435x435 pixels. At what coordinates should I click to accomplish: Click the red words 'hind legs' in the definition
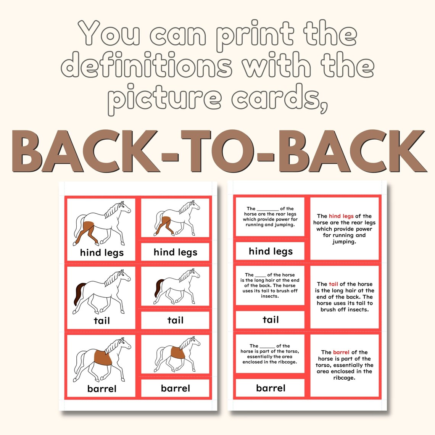click(x=341, y=216)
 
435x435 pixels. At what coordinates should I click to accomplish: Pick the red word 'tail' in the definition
click(x=333, y=284)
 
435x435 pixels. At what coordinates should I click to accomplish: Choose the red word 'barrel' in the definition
click(x=341, y=352)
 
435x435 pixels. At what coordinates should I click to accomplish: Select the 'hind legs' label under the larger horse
click(x=101, y=253)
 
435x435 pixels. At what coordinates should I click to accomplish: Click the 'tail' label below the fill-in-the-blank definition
click(x=270, y=320)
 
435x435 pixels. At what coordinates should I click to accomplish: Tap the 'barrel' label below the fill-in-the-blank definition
click(x=270, y=388)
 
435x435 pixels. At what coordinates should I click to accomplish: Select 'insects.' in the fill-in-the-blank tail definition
click(x=270, y=296)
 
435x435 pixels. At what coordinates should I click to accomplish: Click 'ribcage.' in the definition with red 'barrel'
click(x=344, y=378)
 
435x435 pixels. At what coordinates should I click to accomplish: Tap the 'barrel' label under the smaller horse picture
click(x=175, y=388)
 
